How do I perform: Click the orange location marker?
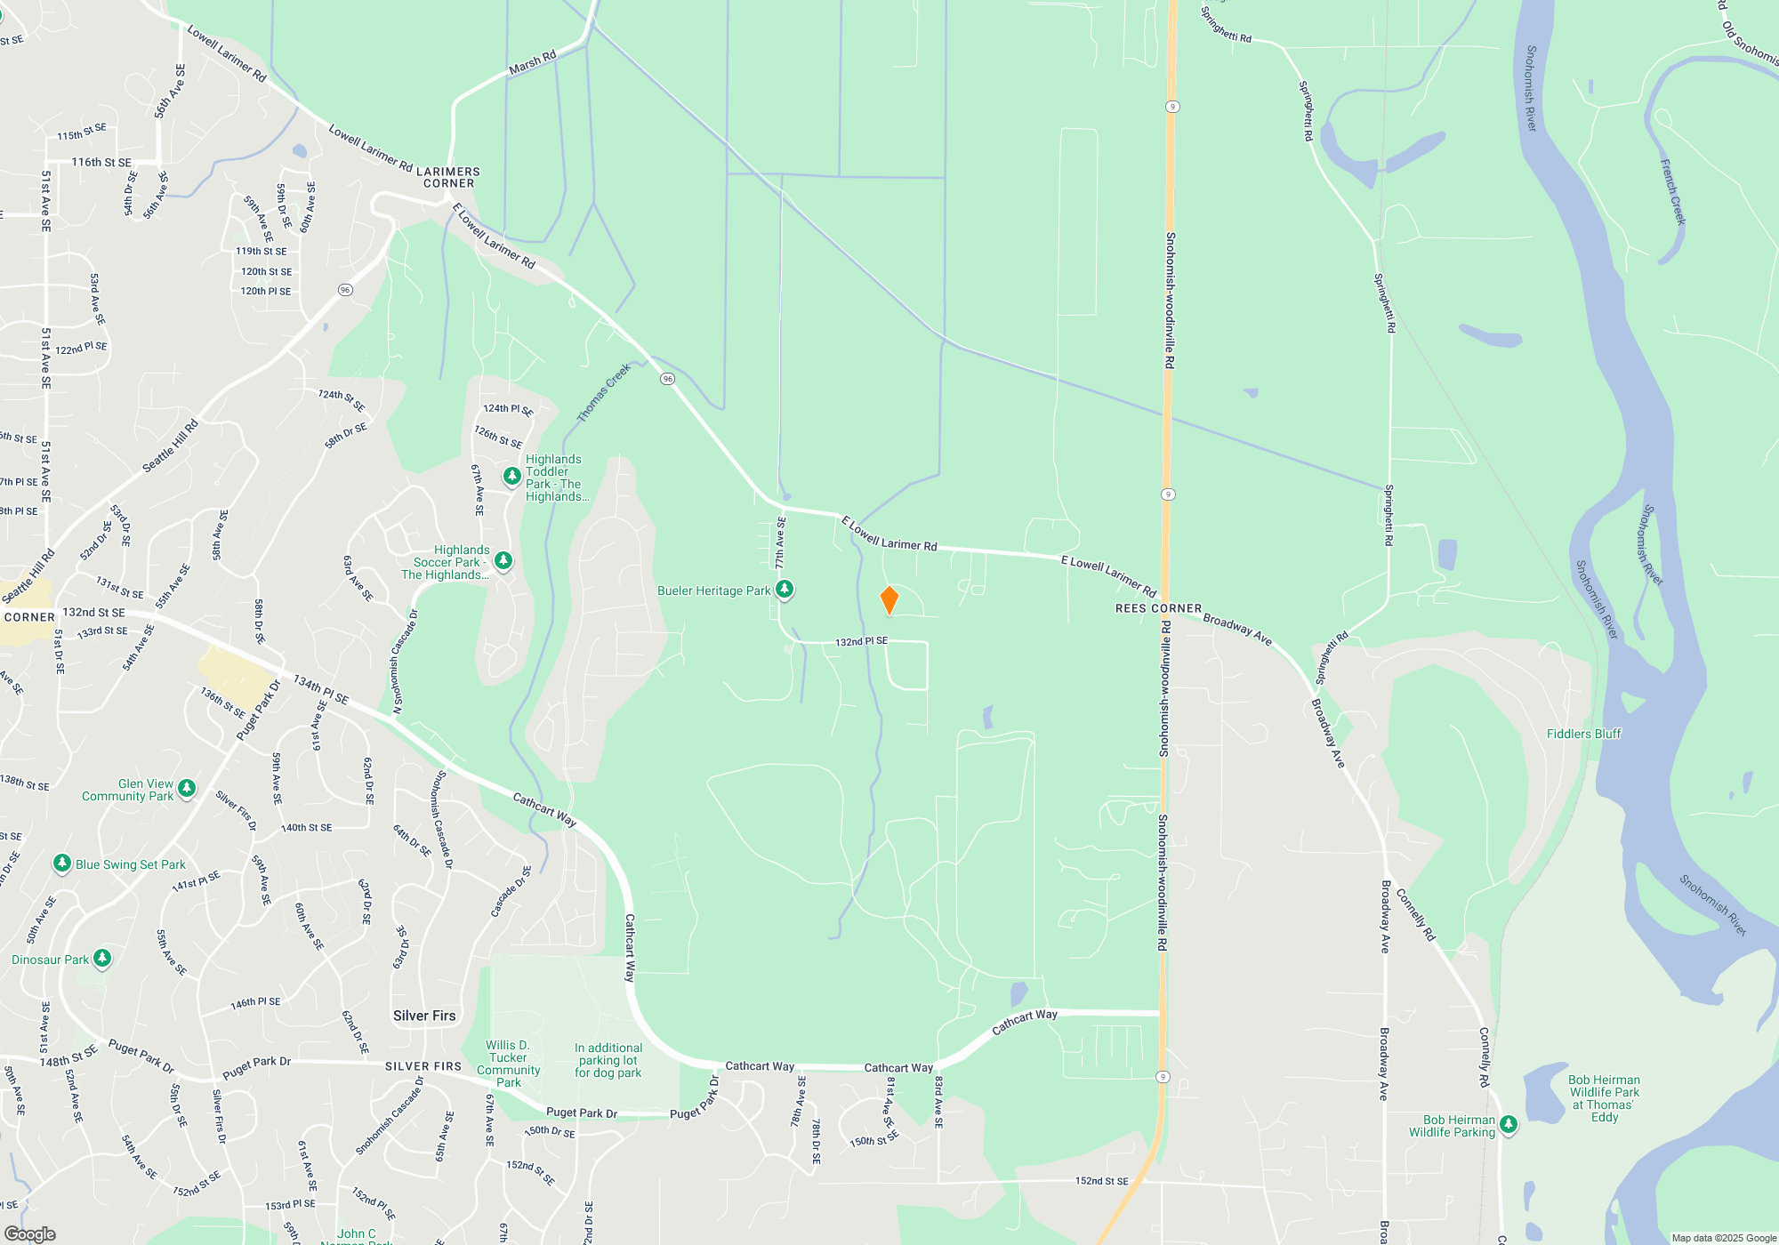(x=889, y=600)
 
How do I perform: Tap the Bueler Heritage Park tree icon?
(x=785, y=589)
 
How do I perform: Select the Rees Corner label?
(x=1158, y=608)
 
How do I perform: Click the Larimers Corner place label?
(x=448, y=177)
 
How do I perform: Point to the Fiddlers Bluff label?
(x=1583, y=734)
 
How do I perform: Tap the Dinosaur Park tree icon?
(x=102, y=958)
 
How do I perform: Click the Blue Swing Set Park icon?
(x=61, y=863)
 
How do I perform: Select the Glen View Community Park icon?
(x=187, y=788)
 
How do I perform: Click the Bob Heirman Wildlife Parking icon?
(x=1509, y=1124)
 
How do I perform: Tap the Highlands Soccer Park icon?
(x=503, y=560)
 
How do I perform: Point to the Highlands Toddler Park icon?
(x=511, y=476)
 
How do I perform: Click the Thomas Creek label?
(x=604, y=392)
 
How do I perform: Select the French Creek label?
(x=1672, y=191)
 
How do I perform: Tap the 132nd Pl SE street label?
(x=861, y=641)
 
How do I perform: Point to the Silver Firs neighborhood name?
(x=424, y=1016)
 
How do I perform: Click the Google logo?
(x=29, y=1233)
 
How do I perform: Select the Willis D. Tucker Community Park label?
(x=509, y=1064)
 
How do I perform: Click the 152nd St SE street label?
(x=1101, y=1181)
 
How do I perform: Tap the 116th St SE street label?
(x=101, y=162)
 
